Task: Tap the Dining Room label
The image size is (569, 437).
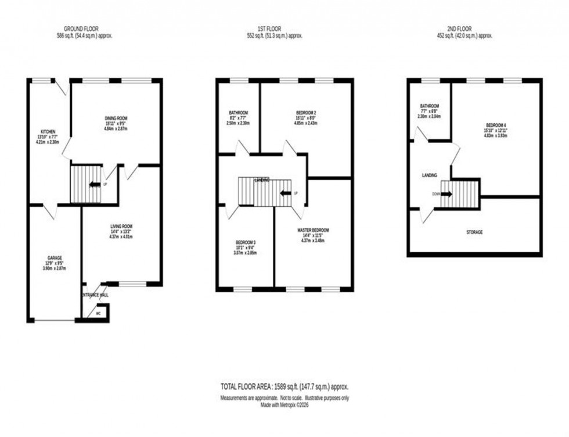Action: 116,118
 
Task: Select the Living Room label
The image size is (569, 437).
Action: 122,226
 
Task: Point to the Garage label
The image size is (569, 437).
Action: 55,257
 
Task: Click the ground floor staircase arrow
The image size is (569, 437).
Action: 93,185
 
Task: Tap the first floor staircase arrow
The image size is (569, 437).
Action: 286,193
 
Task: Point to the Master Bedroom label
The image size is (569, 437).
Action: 312,231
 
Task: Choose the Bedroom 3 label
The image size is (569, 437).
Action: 246,242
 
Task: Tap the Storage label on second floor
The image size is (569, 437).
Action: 474,232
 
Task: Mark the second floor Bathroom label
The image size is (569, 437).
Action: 430,106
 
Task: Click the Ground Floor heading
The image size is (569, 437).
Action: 81,28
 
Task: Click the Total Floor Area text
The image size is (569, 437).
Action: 284,386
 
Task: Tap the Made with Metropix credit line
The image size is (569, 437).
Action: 284,405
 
